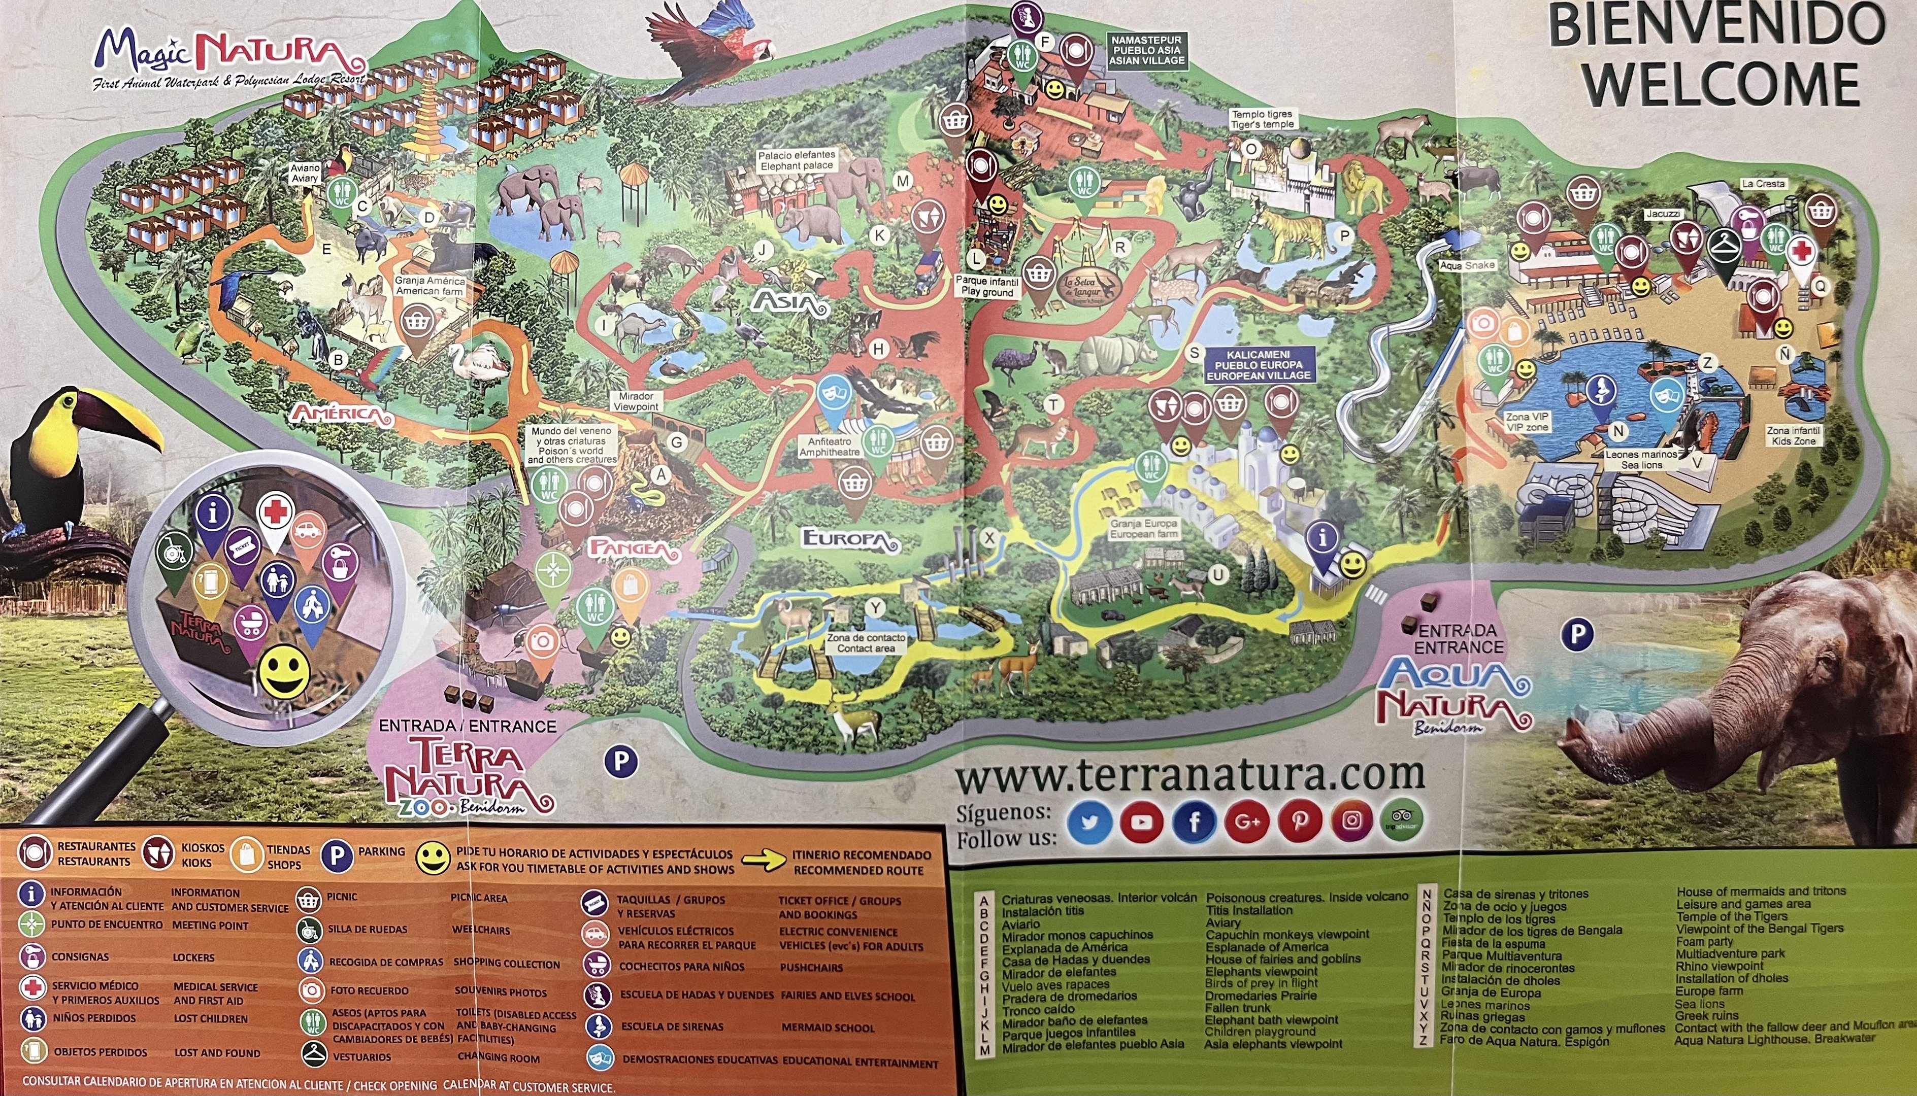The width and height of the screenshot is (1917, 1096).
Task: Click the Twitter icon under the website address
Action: coord(1089,821)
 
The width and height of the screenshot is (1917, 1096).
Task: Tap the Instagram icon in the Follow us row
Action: coord(1351,820)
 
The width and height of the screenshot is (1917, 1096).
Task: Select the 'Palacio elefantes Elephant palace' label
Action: coord(797,160)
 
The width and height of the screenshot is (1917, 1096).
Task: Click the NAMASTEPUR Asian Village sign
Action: coord(1147,50)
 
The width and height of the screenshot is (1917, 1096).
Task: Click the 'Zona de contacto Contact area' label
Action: coord(866,642)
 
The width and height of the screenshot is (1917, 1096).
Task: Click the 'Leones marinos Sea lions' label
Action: coord(1641,459)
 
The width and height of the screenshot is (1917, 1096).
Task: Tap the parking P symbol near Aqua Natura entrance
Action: coord(1577,635)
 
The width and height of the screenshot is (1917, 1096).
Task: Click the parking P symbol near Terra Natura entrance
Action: coord(620,762)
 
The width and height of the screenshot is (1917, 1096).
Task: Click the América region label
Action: coord(343,414)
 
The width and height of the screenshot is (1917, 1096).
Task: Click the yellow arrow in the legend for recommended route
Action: coord(764,862)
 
